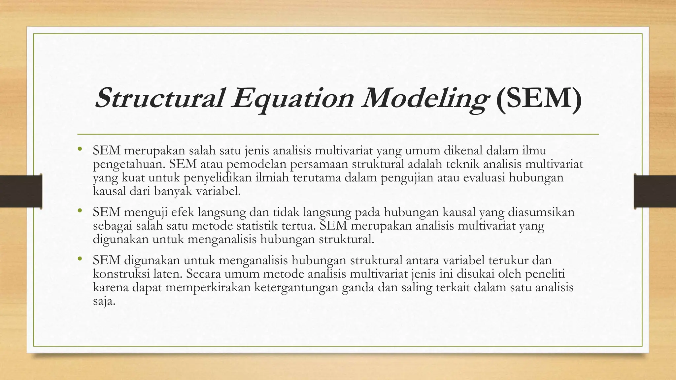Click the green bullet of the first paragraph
80,150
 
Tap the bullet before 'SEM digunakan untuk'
80,260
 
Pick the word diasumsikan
541,212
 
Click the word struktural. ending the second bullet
346,239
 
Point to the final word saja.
104,301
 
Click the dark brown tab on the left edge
21,191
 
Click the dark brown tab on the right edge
655,191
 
